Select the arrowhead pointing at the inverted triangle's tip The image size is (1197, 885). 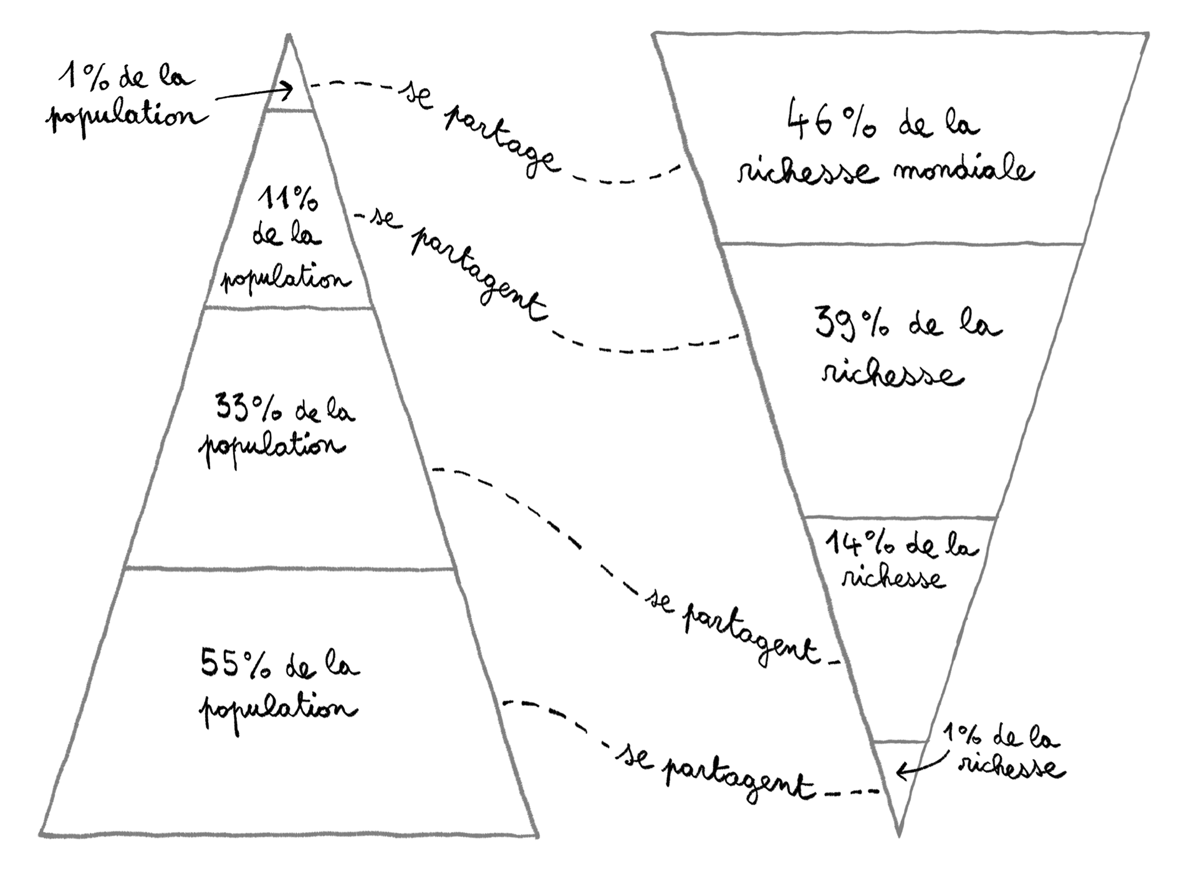pos(901,773)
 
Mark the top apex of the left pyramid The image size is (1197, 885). pos(289,36)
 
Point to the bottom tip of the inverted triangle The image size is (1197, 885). pos(899,834)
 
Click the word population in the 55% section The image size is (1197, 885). pos(278,711)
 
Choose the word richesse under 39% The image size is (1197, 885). pos(892,376)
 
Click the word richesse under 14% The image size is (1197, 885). pos(893,579)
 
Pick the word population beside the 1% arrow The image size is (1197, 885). pos(125,117)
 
